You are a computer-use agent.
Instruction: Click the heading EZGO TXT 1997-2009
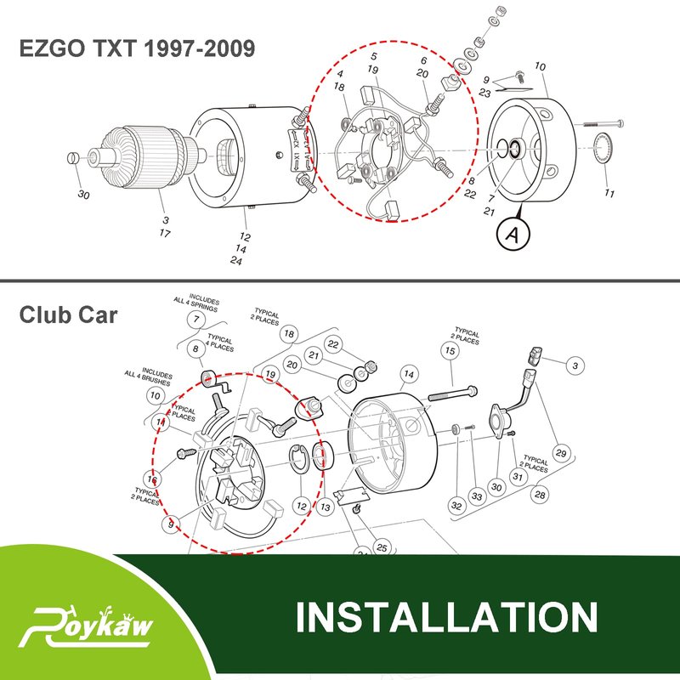point(137,48)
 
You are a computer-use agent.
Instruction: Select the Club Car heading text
point(68,314)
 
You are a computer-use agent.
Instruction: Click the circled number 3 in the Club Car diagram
point(576,365)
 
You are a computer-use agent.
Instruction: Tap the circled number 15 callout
point(450,349)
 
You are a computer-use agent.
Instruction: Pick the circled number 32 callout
point(456,506)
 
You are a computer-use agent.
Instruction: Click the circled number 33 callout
point(477,496)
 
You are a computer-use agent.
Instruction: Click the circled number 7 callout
point(197,319)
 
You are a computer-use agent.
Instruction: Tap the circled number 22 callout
point(334,344)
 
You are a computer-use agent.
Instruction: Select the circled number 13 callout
point(326,505)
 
